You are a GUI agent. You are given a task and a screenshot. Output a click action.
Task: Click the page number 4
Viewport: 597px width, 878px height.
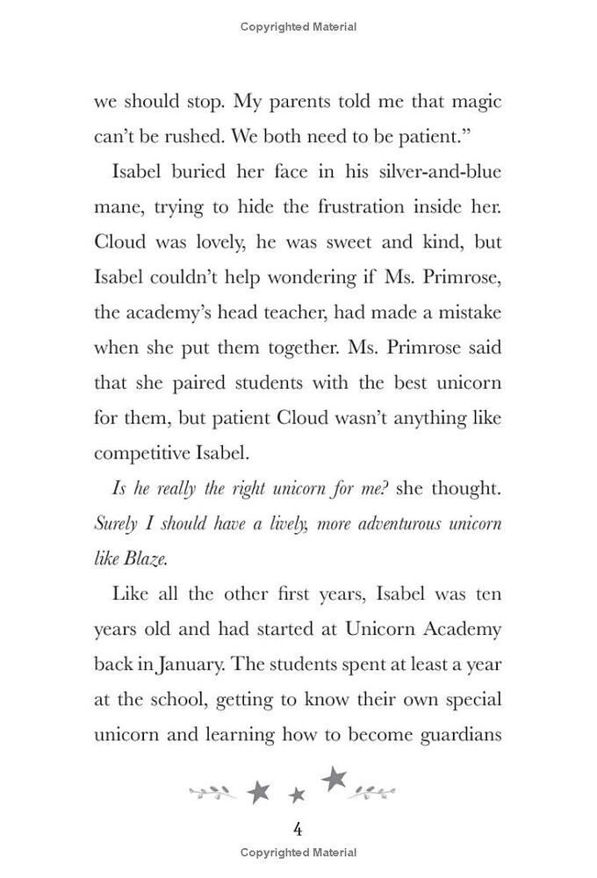click(298, 829)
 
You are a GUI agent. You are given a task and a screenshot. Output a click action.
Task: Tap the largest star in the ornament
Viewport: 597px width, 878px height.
click(334, 778)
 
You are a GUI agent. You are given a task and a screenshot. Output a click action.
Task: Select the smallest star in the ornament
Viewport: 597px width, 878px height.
click(297, 795)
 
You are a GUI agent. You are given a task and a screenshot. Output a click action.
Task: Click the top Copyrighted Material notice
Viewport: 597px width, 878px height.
click(298, 27)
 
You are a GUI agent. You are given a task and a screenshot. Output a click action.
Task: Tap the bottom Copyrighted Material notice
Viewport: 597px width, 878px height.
click(298, 853)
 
